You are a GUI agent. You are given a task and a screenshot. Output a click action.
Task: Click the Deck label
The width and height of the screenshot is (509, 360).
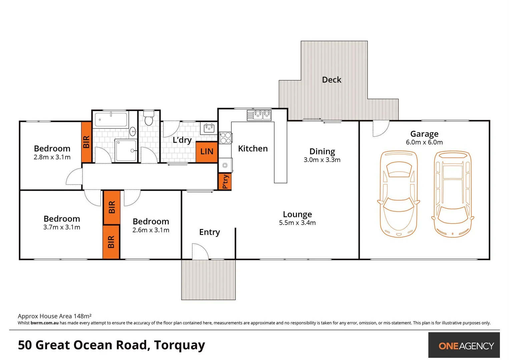click(x=332, y=80)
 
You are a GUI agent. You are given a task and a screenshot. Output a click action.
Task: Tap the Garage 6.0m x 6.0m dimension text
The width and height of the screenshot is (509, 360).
click(x=424, y=142)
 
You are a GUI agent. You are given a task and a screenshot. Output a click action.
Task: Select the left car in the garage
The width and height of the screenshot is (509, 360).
click(x=398, y=194)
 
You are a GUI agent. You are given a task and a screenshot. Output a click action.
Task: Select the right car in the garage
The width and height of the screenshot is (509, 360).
click(x=453, y=194)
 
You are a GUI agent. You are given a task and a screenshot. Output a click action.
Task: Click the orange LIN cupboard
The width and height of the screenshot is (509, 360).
click(x=207, y=152)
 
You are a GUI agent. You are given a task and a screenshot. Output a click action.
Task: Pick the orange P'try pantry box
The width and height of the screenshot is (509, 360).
click(x=225, y=181)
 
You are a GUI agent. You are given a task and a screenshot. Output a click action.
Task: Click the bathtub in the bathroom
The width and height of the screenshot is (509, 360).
click(x=111, y=120)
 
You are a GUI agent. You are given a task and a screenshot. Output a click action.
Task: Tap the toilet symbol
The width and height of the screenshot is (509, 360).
click(x=149, y=118)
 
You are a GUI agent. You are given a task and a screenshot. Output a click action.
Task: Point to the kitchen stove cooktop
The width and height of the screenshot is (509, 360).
click(x=226, y=138)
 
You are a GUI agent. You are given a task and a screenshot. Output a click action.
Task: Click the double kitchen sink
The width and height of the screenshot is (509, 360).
click(x=259, y=115)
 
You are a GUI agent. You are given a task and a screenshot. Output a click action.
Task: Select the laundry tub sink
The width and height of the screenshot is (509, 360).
click(x=209, y=128)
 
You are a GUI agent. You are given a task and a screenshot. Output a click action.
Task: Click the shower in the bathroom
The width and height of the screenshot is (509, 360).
click(x=126, y=150)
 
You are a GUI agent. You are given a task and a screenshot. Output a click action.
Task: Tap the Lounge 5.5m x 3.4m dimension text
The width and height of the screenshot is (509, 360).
click(x=297, y=223)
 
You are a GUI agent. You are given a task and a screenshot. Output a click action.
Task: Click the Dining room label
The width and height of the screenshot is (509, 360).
click(x=322, y=151)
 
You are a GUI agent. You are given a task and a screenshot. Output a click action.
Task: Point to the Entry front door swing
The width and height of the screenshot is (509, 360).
click(x=200, y=251)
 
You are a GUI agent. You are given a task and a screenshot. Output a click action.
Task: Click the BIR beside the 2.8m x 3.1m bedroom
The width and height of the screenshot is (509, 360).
click(x=86, y=142)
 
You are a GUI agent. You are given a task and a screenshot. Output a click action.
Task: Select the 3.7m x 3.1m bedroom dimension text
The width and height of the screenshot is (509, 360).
click(x=62, y=227)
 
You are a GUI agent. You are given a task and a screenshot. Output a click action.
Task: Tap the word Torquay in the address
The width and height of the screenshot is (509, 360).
click(x=179, y=345)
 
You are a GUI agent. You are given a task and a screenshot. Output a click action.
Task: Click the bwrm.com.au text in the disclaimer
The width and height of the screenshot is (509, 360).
click(x=44, y=323)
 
